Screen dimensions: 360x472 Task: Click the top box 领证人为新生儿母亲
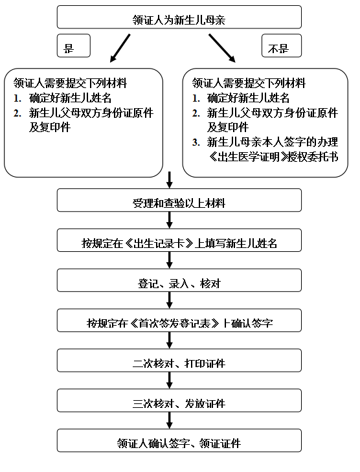click(179, 17)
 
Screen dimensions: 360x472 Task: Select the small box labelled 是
click(74, 45)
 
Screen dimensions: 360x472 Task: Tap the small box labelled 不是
click(282, 45)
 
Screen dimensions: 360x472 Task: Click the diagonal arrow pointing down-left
click(120, 48)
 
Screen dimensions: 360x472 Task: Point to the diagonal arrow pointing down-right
click(222, 48)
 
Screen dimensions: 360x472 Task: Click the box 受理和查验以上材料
click(179, 200)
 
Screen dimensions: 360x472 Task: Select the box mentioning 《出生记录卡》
click(179, 240)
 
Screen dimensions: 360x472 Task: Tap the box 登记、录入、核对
click(179, 280)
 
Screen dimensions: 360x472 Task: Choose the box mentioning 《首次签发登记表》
click(179, 320)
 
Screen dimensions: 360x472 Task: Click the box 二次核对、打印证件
click(179, 361)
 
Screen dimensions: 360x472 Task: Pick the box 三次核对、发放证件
click(179, 400)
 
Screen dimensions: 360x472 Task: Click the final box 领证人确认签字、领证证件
click(179, 440)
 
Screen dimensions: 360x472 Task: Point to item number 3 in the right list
click(196, 142)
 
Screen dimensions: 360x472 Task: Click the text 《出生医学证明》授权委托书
click(273, 157)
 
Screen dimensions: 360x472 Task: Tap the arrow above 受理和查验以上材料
click(170, 180)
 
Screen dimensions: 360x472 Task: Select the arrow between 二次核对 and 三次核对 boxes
click(170, 380)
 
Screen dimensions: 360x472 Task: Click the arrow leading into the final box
click(170, 420)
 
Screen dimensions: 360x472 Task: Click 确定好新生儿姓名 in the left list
click(70, 98)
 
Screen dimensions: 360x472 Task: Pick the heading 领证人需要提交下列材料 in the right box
click(249, 83)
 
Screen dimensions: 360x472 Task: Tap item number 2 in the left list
click(17, 113)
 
